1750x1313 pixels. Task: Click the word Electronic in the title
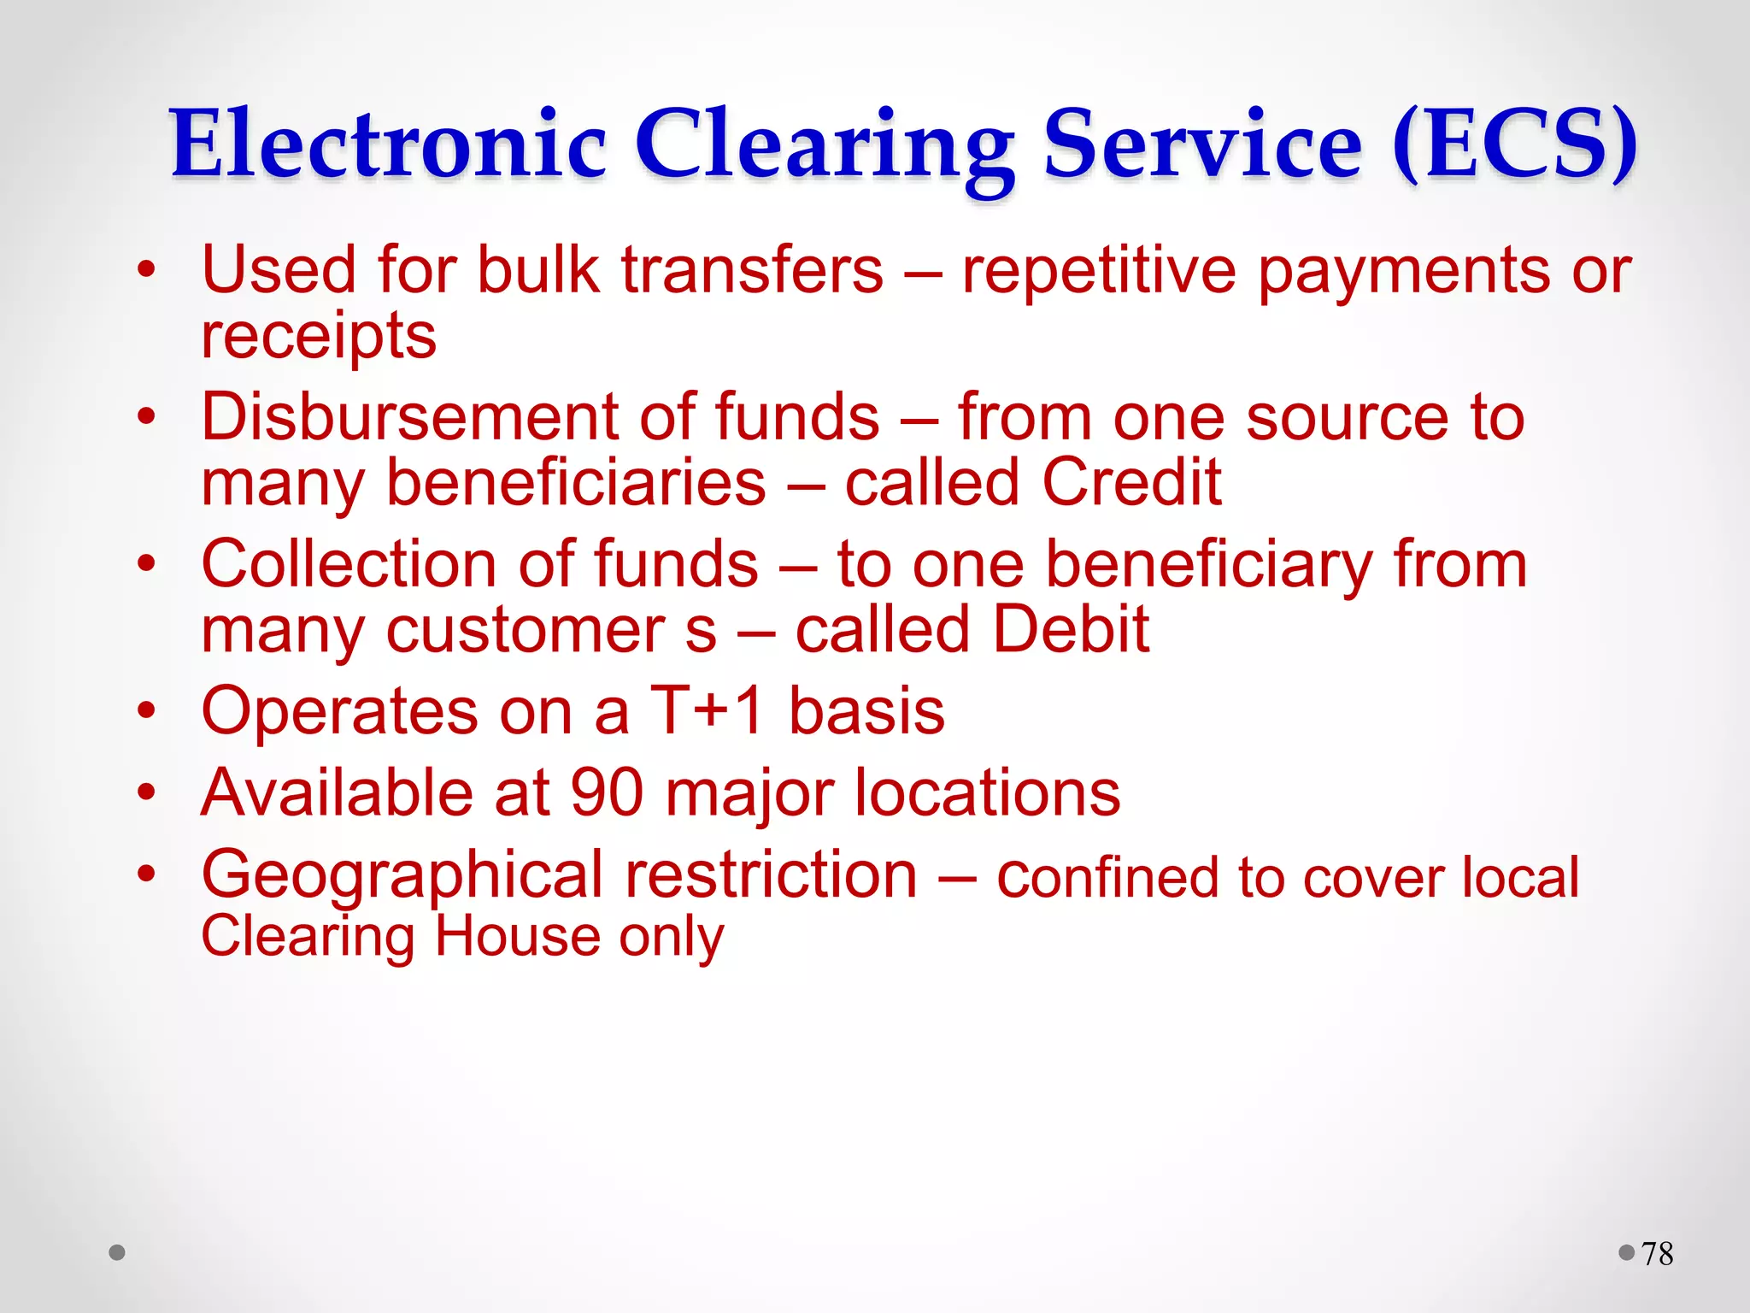pyautogui.click(x=389, y=144)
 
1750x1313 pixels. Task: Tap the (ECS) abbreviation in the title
pyautogui.click(x=1514, y=144)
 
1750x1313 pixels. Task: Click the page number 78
pyautogui.click(x=1657, y=1254)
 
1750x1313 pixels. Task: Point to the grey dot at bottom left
pyautogui.click(x=117, y=1253)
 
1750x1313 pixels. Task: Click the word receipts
pyautogui.click(x=318, y=336)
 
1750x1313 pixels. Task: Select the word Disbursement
pyautogui.click(x=410, y=417)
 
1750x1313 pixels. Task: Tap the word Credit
pyautogui.click(x=1131, y=482)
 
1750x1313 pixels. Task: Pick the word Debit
pyautogui.click(x=1072, y=629)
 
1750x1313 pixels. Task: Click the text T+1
pyautogui.click(x=707, y=711)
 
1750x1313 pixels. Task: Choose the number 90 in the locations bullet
pyautogui.click(x=607, y=792)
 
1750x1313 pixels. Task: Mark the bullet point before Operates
pyautogui.click(x=147, y=710)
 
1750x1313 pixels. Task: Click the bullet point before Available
pyautogui.click(x=147, y=792)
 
